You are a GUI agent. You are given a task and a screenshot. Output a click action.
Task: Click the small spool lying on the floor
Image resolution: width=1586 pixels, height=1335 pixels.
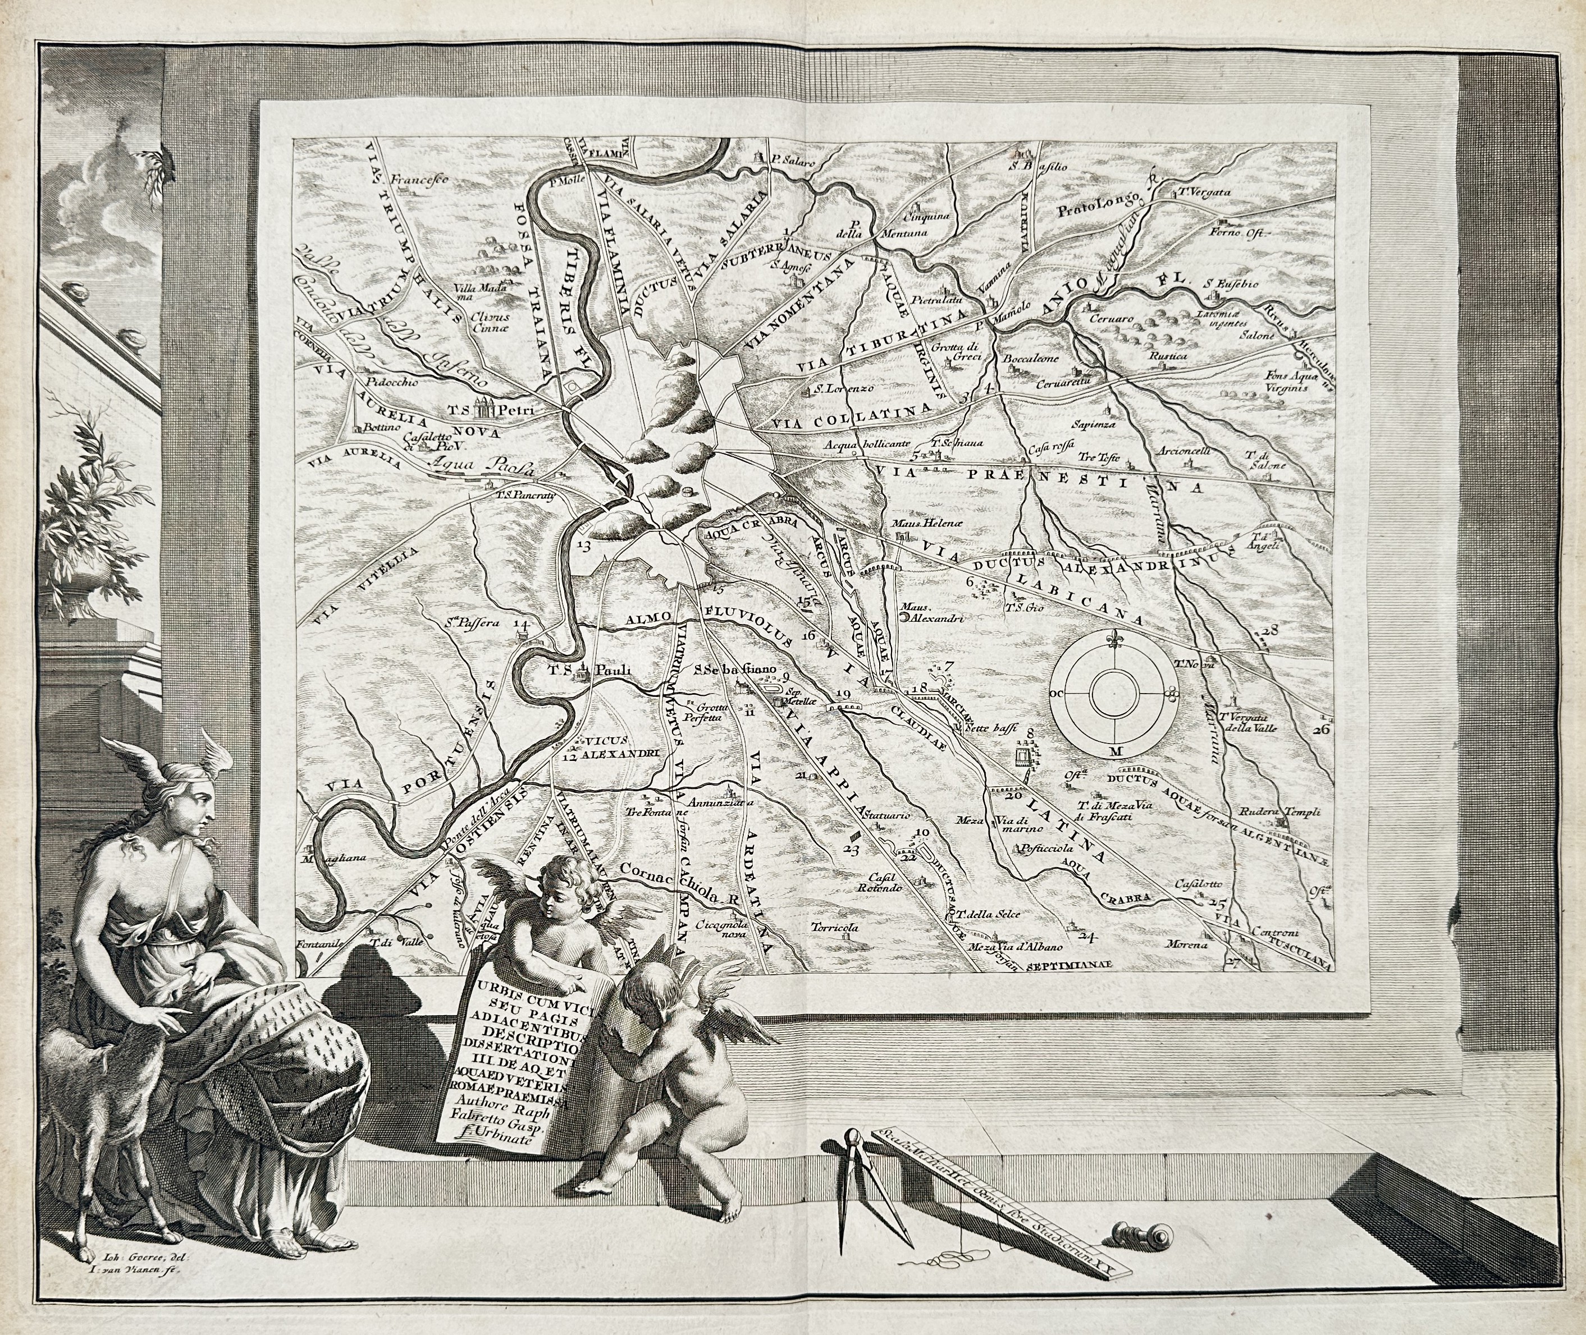tap(1136, 1236)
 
